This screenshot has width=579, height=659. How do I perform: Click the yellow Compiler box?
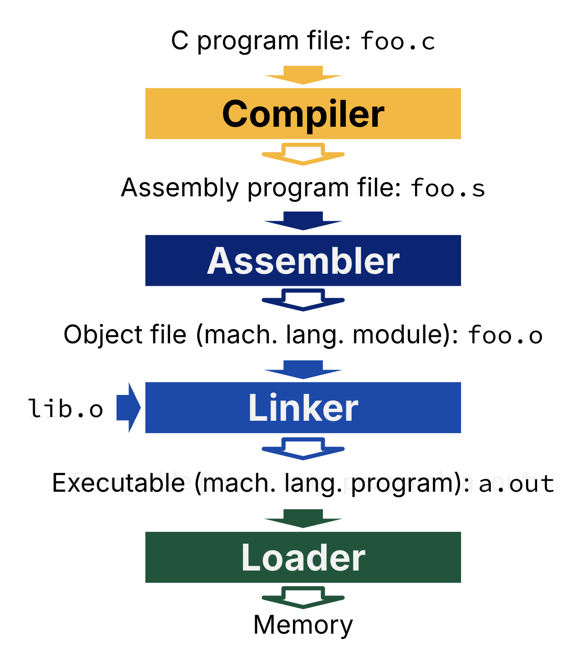pos(303,113)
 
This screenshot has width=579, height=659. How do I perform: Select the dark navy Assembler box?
pos(303,260)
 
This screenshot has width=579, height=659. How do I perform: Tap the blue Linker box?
pos(303,407)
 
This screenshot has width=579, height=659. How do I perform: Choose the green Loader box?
pos(303,557)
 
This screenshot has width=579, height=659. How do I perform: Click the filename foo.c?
pos(398,41)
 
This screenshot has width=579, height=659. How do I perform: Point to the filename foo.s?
pos(448,188)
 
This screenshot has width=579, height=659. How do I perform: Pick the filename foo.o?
pos(505,335)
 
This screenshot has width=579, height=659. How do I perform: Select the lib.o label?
pos(65,409)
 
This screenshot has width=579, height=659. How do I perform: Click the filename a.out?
pos(516,484)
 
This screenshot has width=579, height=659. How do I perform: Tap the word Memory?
pos(303,625)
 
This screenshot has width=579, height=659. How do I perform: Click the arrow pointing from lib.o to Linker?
pos(128,407)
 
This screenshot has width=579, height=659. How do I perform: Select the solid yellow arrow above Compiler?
pos(303,75)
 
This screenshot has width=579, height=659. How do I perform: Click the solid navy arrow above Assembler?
pos(303,221)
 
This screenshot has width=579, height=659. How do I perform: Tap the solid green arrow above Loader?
pos(303,518)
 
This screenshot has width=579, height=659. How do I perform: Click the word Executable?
pos(118,483)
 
